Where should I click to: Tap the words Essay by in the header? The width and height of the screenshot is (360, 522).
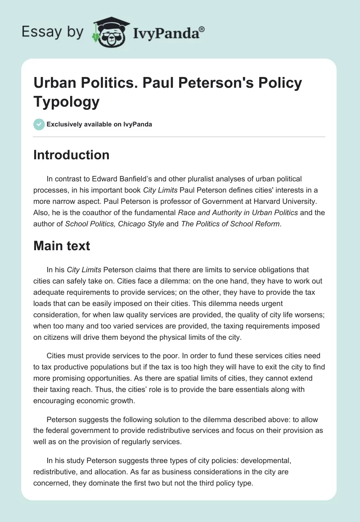[x=52, y=32]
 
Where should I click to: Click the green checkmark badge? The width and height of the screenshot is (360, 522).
[x=39, y=124]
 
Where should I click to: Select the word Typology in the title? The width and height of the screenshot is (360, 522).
[x=67, y=102]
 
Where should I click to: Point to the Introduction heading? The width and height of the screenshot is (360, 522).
[x=72, y=155]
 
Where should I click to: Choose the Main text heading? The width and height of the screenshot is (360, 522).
[x=62, y=246]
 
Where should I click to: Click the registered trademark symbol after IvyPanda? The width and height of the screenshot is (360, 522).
[x=202, y=29]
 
